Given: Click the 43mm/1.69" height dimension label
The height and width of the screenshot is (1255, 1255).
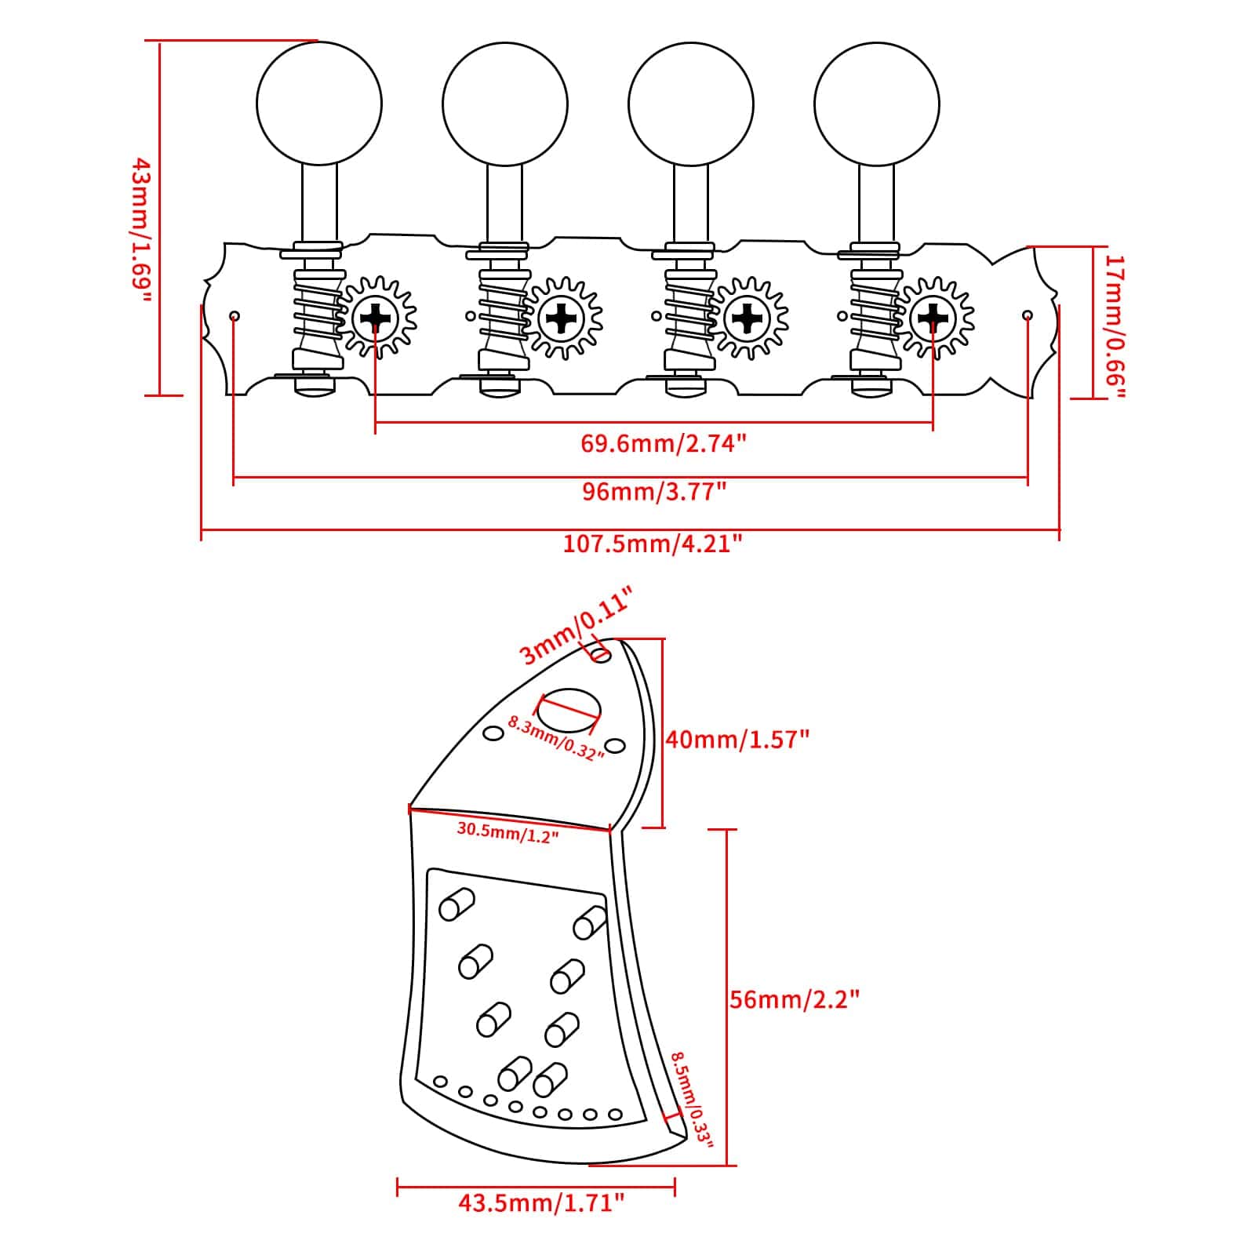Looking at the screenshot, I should pos(141,231).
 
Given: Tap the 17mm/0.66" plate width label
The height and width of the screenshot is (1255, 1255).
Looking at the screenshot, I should pos(1115,326).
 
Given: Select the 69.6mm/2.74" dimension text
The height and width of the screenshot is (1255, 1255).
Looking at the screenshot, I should pos(663,444).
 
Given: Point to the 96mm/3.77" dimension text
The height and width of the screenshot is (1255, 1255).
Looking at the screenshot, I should pos(655,492).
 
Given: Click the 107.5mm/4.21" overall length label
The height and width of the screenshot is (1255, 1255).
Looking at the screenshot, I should pos(653,544).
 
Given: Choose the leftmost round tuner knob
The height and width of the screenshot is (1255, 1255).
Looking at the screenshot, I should pos(318,103).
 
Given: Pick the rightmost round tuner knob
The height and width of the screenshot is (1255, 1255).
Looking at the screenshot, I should pos(877,103).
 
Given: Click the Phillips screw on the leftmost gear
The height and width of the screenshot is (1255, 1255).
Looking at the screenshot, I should pos(376,318).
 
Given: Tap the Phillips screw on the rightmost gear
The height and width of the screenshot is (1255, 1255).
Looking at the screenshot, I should pos(933,318).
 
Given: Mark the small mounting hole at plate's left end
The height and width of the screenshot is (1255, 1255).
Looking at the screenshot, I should pos(234,316).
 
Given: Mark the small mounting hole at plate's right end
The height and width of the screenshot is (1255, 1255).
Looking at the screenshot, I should pos(1028,315).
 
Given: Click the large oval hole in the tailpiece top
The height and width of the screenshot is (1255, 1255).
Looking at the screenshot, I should pos(569,708).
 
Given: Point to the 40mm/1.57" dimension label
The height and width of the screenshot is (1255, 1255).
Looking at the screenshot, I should pos(737,739).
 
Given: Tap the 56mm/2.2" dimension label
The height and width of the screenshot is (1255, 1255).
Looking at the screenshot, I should pos(795,999).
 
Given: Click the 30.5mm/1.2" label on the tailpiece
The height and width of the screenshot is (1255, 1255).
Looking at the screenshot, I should pos(507,832).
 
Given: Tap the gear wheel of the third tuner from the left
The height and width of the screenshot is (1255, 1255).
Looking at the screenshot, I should pos(748,318).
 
